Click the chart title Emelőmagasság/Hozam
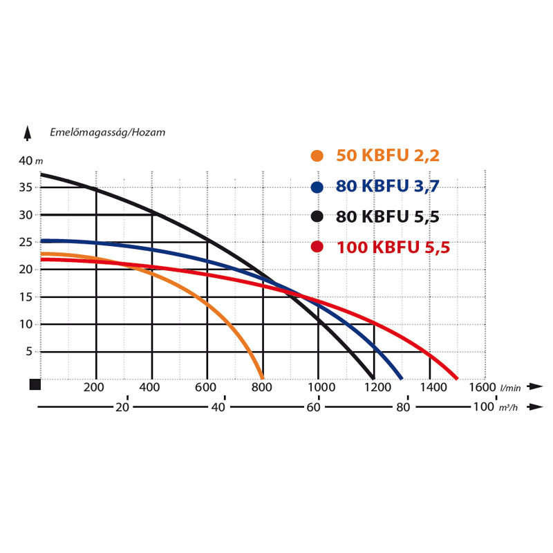[x=107, y=131]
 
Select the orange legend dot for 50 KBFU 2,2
[x=317, y=156]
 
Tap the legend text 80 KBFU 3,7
[x=387, y=186]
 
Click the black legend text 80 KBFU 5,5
[x=387, y=216]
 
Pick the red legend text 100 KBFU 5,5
[x=393, y=247]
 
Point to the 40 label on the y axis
[x=26, y=161]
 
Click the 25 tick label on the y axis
[x=26, y=243]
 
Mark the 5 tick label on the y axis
[x=29, y=352]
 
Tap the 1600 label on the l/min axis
[x=481, y=387]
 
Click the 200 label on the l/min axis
[x=94, y=387]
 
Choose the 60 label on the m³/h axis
[x=313, y=407]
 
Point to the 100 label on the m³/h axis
[x=484, y=407]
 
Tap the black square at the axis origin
[x=35, y=384]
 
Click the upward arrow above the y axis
[x=28, y=132]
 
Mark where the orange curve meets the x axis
[x=263, y=377]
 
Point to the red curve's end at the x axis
[x=457, y=377]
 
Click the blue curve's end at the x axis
[x=402, y=377]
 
